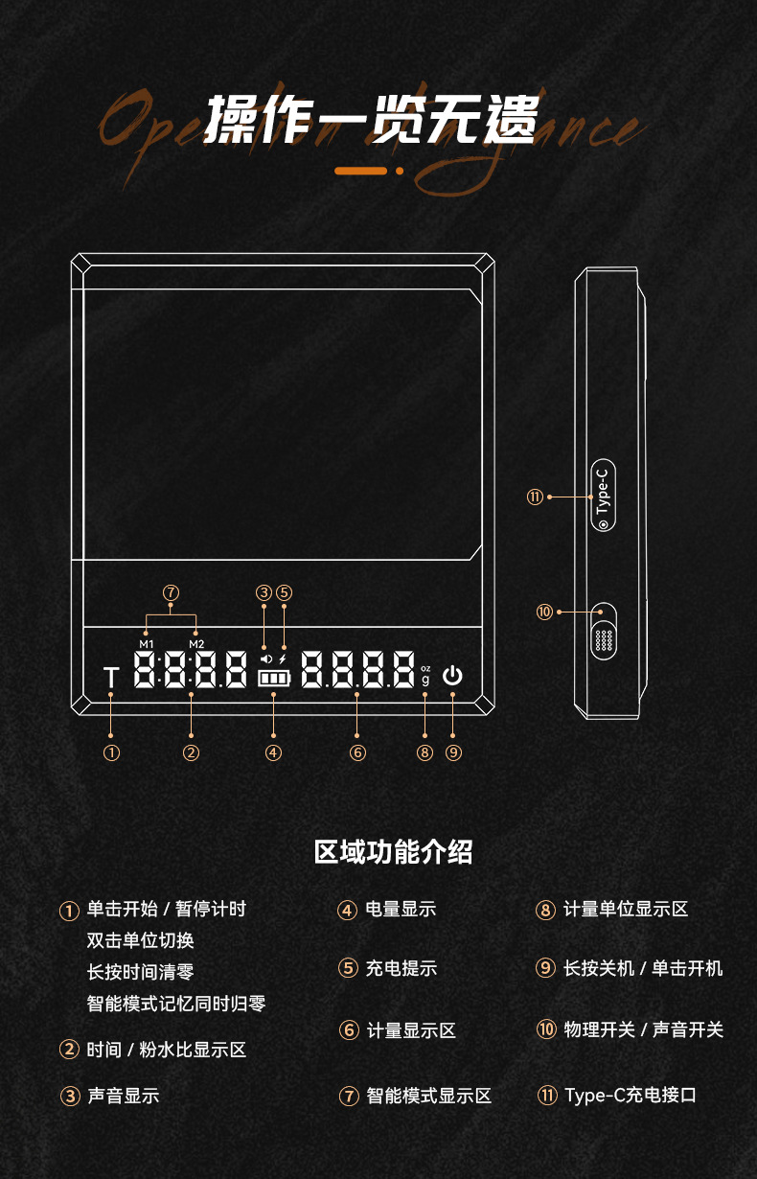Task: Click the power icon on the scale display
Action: click(x=452, y=676)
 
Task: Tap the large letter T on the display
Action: click(x=111, y=678)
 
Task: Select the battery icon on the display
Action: click(x=273, y=679)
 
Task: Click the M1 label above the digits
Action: click(x=146, y=643)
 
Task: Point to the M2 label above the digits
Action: click(x=196, y=643)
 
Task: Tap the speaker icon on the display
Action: click(x=265, y=659)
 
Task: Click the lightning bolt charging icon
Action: click(x=283, y=659)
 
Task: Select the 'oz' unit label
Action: click(x=425, y=668)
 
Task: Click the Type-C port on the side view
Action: click(x=602, y=497)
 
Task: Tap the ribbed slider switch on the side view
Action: click(x=604, y=638)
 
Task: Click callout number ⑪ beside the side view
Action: click(x=535, y=497)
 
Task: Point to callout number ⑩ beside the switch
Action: click(x=544, y=612)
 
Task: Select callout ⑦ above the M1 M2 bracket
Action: click(x=171, y=592)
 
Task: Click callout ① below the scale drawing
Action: click(x=111, y=752)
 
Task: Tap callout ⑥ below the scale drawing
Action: click(x=357, y=752)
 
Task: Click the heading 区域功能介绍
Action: click(x=393, y=851)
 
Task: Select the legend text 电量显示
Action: click(x=401, y=909)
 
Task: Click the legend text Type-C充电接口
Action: click(x=630, y=1095)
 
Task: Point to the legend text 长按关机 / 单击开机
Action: click(x=643, y=968)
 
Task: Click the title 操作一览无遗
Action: click(x=373, y=119)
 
